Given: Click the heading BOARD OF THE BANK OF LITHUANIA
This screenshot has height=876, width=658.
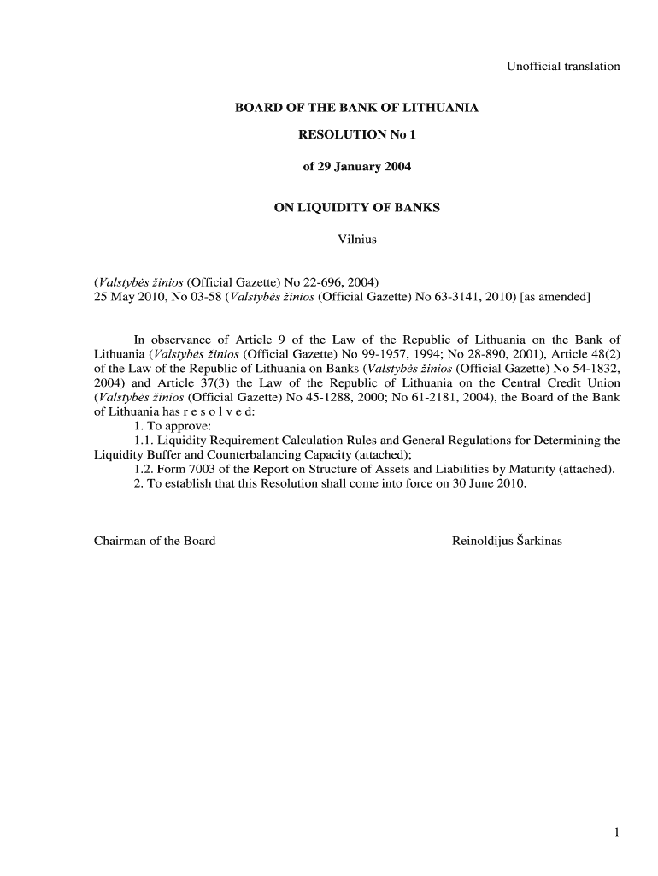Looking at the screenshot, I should coord(356,109).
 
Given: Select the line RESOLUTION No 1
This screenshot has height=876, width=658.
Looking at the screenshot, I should coord(356,135).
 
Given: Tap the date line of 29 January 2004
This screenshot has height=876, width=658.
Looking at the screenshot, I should coord(356,166).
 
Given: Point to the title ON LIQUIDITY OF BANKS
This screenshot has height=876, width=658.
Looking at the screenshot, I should coord(356,208).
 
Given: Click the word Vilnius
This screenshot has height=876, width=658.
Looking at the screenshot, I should coord(357,239).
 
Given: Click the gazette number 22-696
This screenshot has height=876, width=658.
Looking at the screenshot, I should coord(304,282).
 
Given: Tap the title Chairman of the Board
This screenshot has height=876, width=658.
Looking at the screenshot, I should coord(155,541).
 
